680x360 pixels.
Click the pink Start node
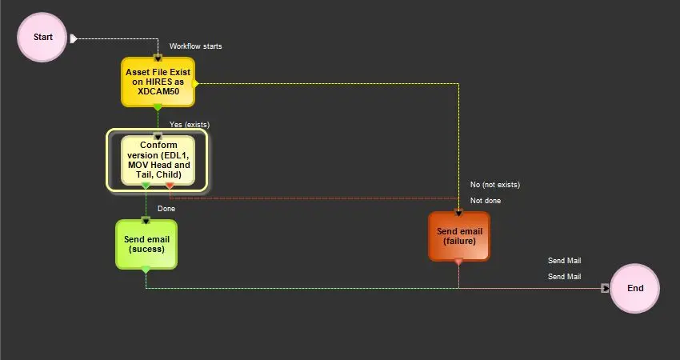[x=43, y=37]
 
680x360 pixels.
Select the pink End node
[x=635, y=288]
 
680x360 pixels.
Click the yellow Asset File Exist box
[x=158, y=81]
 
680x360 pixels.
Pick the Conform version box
[x=158, y=159]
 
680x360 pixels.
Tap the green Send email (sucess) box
[x=146, y=243]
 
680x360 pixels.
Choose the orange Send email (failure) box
[x=459, y=236]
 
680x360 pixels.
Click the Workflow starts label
[x=195, y=46]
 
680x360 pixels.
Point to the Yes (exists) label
[x=189, y=125]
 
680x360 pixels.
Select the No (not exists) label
[x=494, y=185]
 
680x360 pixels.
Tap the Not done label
[x=485, y=201]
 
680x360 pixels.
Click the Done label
[x=166, y=209]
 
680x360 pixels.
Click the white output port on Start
[x=74, y=38]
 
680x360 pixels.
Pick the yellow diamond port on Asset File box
[x=195, y=82]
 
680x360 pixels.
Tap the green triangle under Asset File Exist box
[x=158, y=107]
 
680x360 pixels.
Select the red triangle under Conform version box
[x=170, y=186]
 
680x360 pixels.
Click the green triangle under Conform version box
[x=146, y=186]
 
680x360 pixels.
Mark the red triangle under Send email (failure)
[x=458, y=262]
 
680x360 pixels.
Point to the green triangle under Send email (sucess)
[x=146, y=270]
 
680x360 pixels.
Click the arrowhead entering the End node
[x=606, y=288]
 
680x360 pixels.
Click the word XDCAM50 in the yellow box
[x=158, y=91]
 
